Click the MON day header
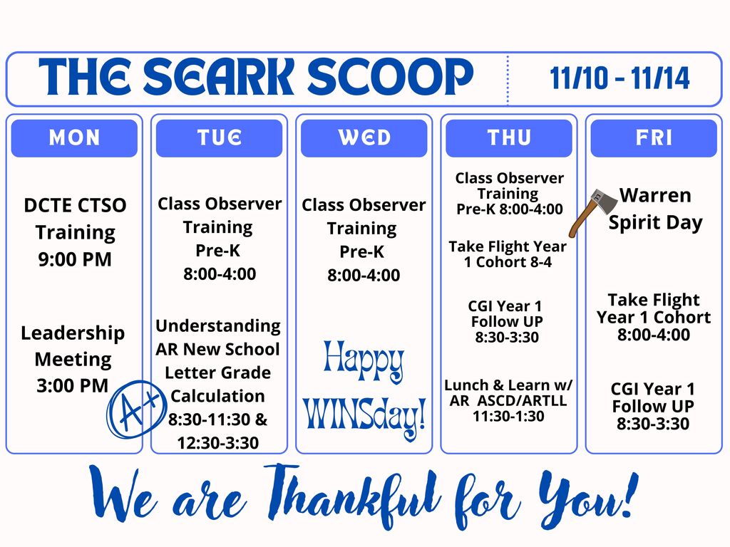pyautogui.click(x=74, y=138)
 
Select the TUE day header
pyautogui.click(x=219, y=138)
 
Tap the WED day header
pyautogui.click(x=364, y=138)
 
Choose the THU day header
pyautogui.click(x=508, y=138)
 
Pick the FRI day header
pyautogui.click(x=654, y=138)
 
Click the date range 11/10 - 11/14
pyautogui.click(x=620, y=78)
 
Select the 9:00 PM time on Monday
pyautogui.click(x=74, y=259)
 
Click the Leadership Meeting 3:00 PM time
pyautogui.click(x=73, y=386)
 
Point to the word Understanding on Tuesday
pyautogui.click(x=218, y=325)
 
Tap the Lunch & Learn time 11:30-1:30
pyautogui.click(x=508, y=416)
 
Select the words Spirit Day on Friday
pyautogui.click(x=654, y=222)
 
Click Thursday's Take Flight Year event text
pyautogui.click(x=508, y=254)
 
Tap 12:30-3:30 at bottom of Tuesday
pyautogui.click(x=218, y=443)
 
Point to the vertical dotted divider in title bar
pyautogui.click(x=508, y=79)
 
